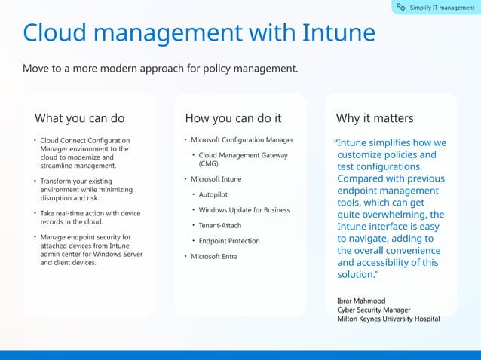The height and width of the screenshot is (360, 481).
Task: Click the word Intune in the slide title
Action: [x=339, y=33]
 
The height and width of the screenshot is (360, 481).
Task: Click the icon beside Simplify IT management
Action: [x=401, y=8]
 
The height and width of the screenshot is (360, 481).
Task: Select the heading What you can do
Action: [x=79, y=118]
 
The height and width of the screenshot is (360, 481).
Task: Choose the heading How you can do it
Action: [x=233, y=118]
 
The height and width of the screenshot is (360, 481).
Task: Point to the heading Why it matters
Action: [x=374, y=118]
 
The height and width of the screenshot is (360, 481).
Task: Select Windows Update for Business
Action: [x=244, y=210]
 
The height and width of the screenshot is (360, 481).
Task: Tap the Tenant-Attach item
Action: [x=220, y=225]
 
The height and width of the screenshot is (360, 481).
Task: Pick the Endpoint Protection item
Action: [x=229, y=241]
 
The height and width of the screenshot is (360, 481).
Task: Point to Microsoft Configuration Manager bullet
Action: [x=241, y=139]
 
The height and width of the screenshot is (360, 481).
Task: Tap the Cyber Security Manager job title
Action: [x=374, y=310]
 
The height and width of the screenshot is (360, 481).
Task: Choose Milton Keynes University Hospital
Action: [x=388, y=319]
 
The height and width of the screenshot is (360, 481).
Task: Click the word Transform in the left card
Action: [x=57, y=182]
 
